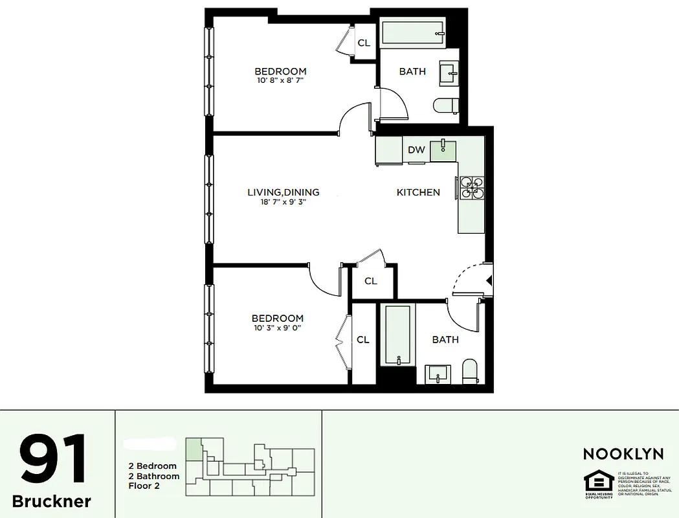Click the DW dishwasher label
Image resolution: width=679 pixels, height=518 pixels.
click(416, 150)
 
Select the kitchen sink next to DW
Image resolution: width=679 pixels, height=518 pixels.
click(443, 150)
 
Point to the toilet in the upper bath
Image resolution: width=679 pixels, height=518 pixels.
click(446, 106)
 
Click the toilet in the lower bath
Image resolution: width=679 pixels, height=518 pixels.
click(470, 372)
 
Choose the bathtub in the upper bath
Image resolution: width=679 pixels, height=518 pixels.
click(412, 33)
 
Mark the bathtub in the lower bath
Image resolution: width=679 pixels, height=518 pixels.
click(397, 335)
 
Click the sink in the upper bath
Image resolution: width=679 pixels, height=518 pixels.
click(449, 73)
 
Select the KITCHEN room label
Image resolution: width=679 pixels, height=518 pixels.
click(418, 192)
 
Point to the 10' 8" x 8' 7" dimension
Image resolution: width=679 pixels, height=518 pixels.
click(280, 81)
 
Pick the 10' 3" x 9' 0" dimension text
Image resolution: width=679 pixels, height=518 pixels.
click(278, 328)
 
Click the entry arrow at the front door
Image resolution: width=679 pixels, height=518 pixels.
click(489, 280)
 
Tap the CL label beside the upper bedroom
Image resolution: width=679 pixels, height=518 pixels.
click(364, 43)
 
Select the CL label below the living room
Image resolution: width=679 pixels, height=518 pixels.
click(370, 281)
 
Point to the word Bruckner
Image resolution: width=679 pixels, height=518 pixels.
click(52, 501)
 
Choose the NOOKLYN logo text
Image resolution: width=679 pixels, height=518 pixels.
click(623, 455)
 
